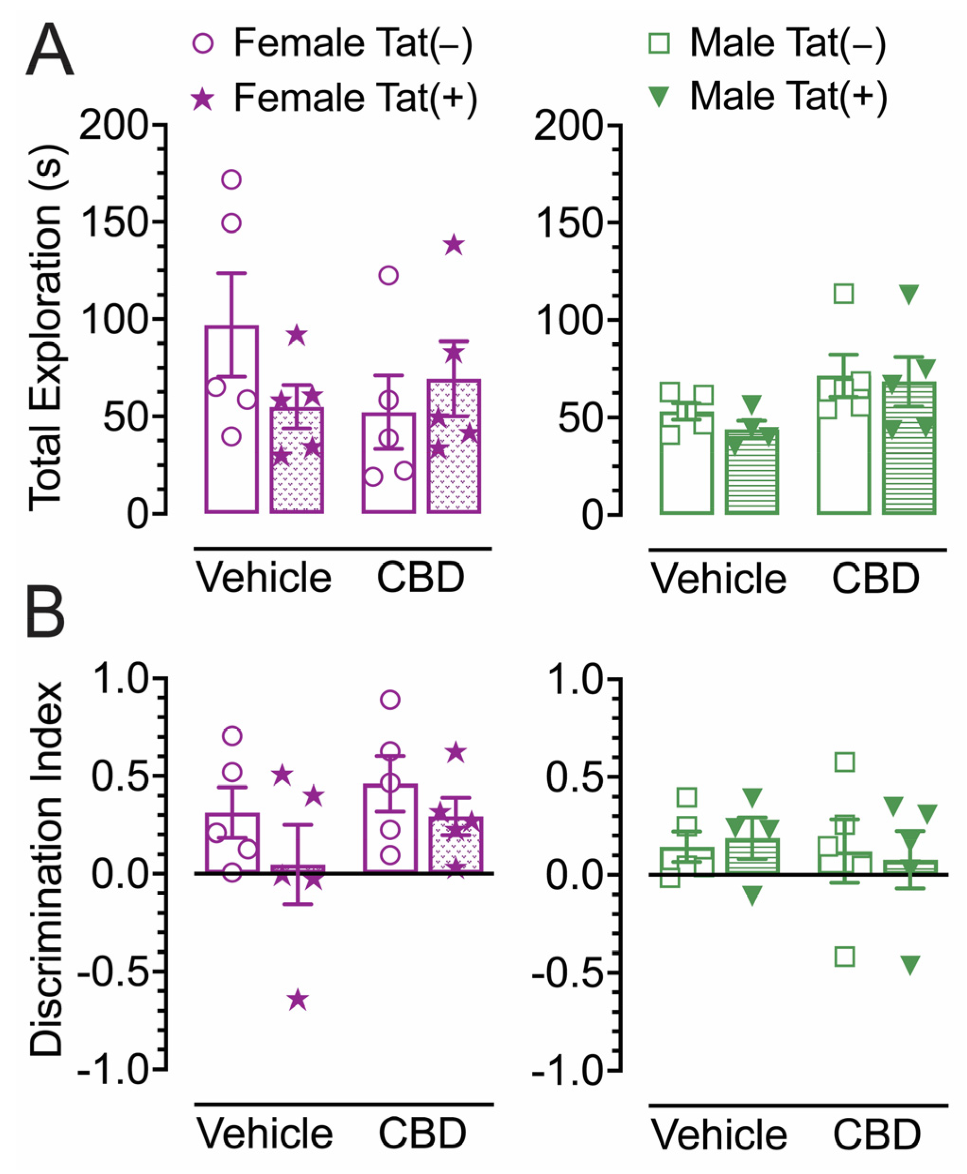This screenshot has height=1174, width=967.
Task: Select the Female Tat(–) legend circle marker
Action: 203,43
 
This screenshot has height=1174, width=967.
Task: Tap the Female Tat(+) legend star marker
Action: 203,100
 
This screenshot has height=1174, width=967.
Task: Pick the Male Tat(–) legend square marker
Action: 660,43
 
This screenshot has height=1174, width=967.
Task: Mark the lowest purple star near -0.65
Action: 298,1000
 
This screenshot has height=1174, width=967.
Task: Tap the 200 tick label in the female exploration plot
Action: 115,125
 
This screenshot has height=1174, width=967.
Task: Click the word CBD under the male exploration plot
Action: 875,578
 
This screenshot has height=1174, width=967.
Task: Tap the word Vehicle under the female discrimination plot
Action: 265,1133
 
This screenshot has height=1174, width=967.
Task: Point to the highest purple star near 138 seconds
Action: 454,244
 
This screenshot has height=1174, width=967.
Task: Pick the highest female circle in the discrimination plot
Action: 390,699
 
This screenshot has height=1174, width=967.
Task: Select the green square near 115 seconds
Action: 844,293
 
